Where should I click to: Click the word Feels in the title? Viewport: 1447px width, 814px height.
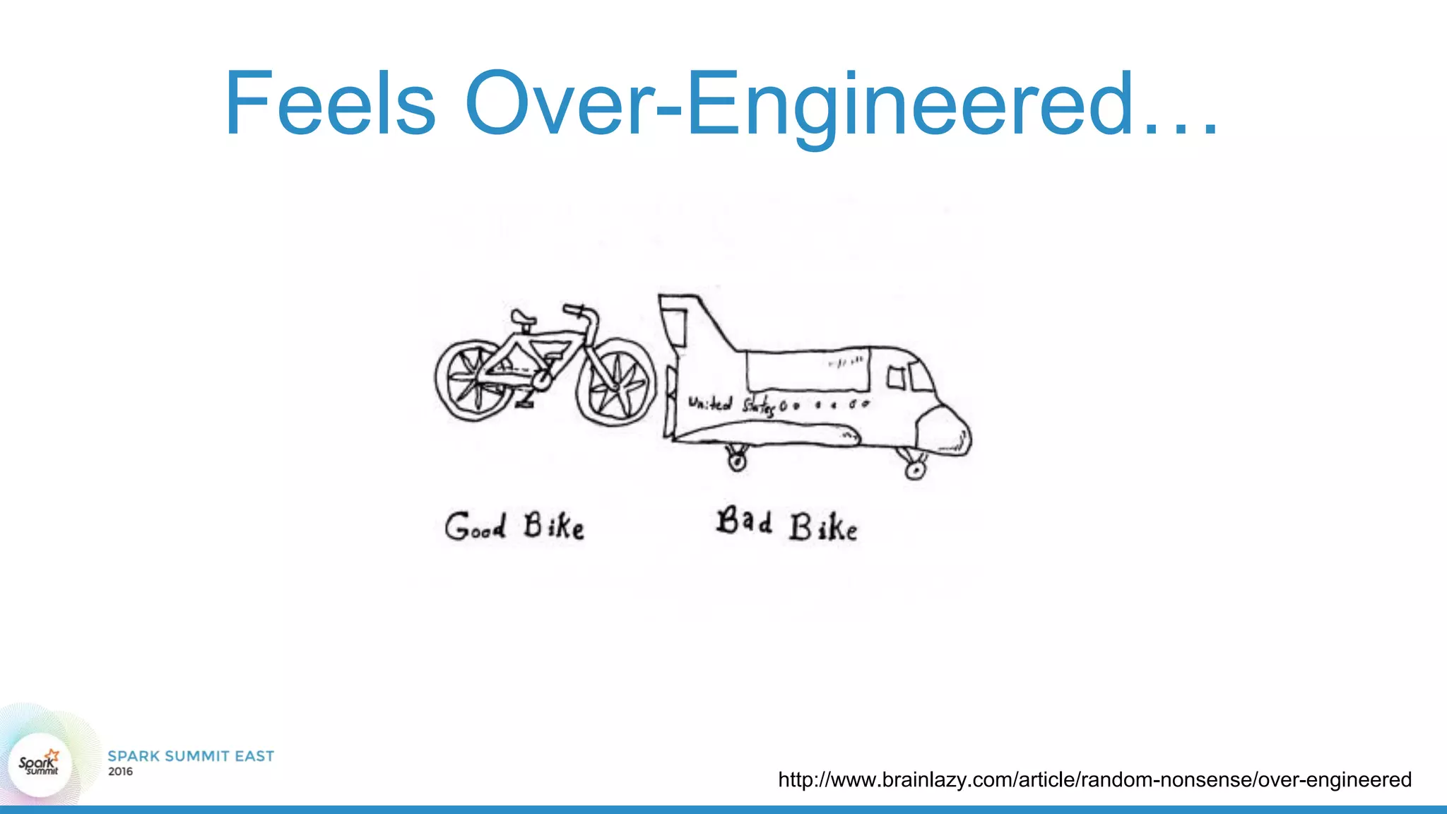[330, 103]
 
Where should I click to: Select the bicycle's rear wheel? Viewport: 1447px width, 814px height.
[475, 381]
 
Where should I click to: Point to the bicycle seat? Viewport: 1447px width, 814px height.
[524, 317]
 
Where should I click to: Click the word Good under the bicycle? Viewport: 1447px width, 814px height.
[475, 526]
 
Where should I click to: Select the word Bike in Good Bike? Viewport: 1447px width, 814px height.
[554, 526]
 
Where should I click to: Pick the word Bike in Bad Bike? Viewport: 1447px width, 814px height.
[823, 528]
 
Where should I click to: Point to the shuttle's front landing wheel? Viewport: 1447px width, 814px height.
[915, 468]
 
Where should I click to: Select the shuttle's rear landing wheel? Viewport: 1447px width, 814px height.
[737, 461]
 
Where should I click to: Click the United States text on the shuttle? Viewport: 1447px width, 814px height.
[731, 406]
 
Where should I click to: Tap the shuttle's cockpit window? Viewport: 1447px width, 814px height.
[919, 377]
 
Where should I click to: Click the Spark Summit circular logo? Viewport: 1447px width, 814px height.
[40, 764]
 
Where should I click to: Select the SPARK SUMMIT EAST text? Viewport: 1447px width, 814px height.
[191, 756]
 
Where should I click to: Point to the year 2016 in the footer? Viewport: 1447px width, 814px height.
[120, 772]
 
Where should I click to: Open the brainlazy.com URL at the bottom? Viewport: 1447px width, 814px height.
[1094, 779]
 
